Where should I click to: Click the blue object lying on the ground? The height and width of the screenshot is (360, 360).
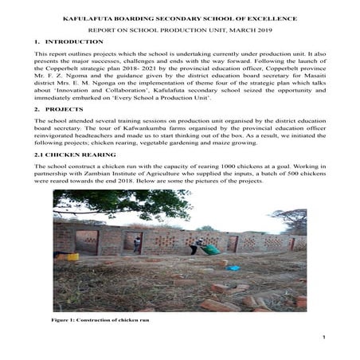pos(236,268)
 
